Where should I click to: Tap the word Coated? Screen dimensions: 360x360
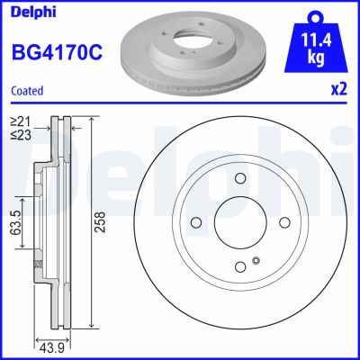coord(29,90)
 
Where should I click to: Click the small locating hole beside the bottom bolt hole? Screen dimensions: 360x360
coord(256,262)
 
